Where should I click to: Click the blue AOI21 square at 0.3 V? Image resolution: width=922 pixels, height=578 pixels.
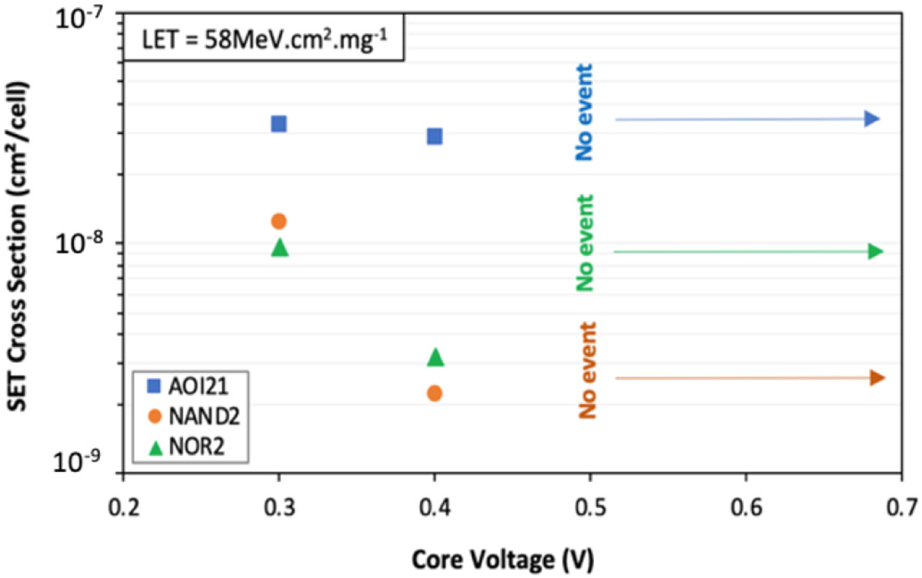(x=278, y=124)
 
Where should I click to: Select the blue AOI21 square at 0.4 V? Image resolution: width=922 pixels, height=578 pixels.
(x=434, y=136)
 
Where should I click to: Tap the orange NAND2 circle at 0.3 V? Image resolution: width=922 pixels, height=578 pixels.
(x=278, y=221)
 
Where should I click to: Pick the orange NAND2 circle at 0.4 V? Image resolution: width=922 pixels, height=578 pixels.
(x=434, y=393)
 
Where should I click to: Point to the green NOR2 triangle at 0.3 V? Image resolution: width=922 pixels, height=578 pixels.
(x=279, y=247)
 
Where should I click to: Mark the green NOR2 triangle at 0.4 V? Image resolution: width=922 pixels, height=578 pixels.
(x=435, y=358)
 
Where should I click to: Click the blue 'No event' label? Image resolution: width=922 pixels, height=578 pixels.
(x=585, y=111)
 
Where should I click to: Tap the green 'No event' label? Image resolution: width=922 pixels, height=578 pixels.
(x=585, y=243)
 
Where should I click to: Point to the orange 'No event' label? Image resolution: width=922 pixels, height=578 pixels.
(x=586, y=370)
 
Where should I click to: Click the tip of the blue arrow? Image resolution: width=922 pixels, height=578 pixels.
(x=879, y=119)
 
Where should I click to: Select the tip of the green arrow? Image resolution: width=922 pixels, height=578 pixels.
(x=882, y=252)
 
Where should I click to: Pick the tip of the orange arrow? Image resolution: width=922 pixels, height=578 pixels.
(x=883, y=378)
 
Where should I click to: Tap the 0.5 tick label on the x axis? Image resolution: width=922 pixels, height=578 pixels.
(x=589, y=508)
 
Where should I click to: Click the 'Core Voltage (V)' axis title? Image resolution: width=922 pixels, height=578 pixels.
(x=503, y=559)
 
